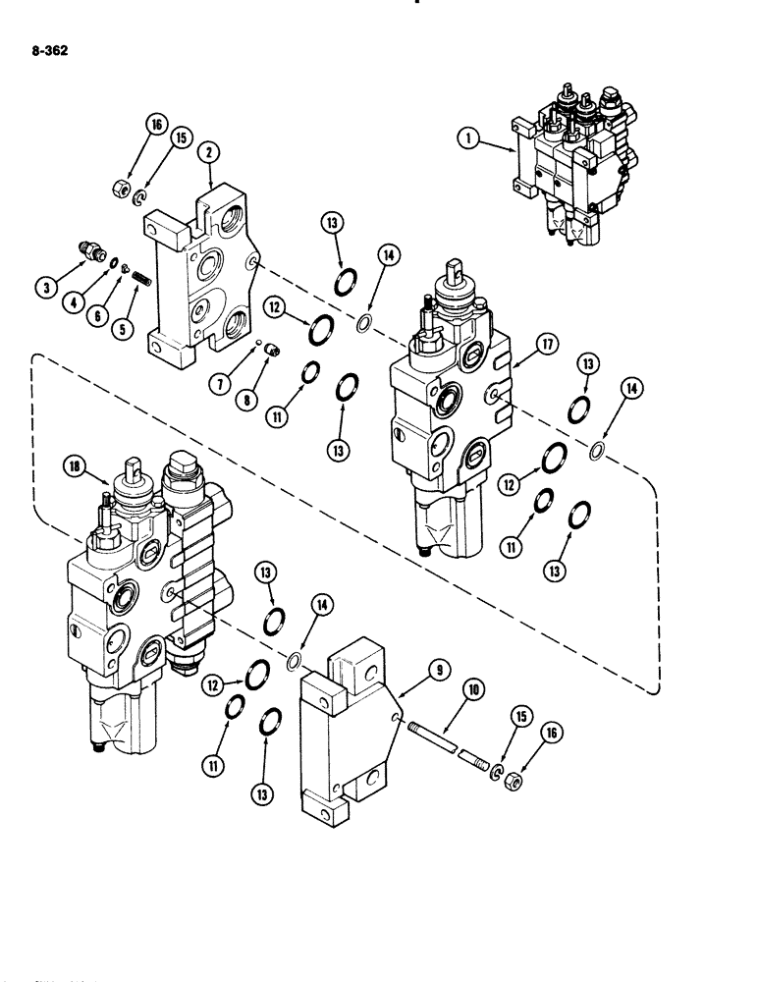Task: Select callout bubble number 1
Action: [471, 139]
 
